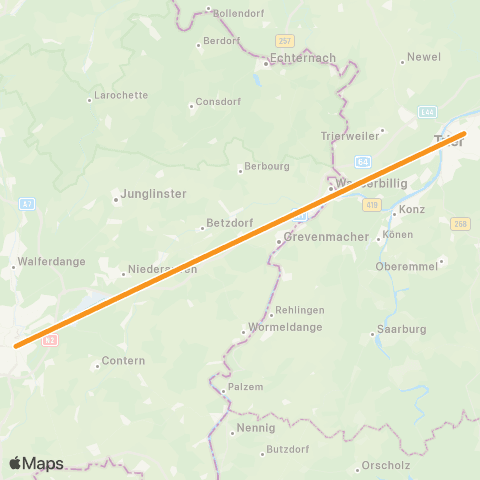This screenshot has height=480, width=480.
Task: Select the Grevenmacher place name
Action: coord(321,238)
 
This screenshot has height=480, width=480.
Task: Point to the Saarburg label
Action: coord(400,329)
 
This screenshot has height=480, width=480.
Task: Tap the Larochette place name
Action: coord(120,96)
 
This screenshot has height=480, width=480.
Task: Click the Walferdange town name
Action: coord(49,262)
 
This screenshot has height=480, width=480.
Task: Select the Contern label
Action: coord(124,361)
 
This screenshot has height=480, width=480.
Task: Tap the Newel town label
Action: coord(424,57)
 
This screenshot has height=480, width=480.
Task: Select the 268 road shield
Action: coord(460,224)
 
